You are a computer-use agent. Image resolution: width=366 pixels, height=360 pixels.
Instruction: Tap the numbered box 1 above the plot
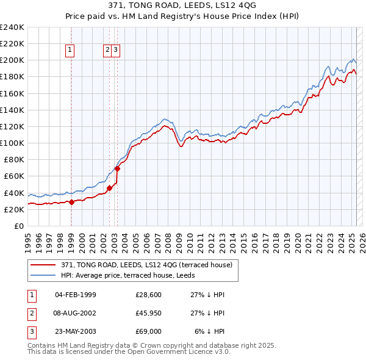[x=71, y=51]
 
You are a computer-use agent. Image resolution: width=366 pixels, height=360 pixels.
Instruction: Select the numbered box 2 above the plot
[x=107, y=51]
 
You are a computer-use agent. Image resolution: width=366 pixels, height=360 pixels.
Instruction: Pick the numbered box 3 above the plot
[x=115, y=51]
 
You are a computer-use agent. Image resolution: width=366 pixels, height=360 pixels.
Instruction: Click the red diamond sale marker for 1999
[x=71, y=202]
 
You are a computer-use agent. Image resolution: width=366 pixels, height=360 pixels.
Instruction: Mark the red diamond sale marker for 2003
[x=117, y=168]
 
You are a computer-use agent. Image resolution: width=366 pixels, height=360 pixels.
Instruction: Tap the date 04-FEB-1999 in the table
[x=75, y=295]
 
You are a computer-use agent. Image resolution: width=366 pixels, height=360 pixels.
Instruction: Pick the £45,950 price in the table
[x=148, y=313]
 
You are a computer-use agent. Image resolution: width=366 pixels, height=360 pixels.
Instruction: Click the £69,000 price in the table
[x=148, y=331]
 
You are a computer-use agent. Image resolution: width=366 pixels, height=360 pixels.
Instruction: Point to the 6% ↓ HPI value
[x=209, y=331]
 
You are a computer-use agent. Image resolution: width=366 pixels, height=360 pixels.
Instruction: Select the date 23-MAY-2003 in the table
[x=75, y=331]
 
